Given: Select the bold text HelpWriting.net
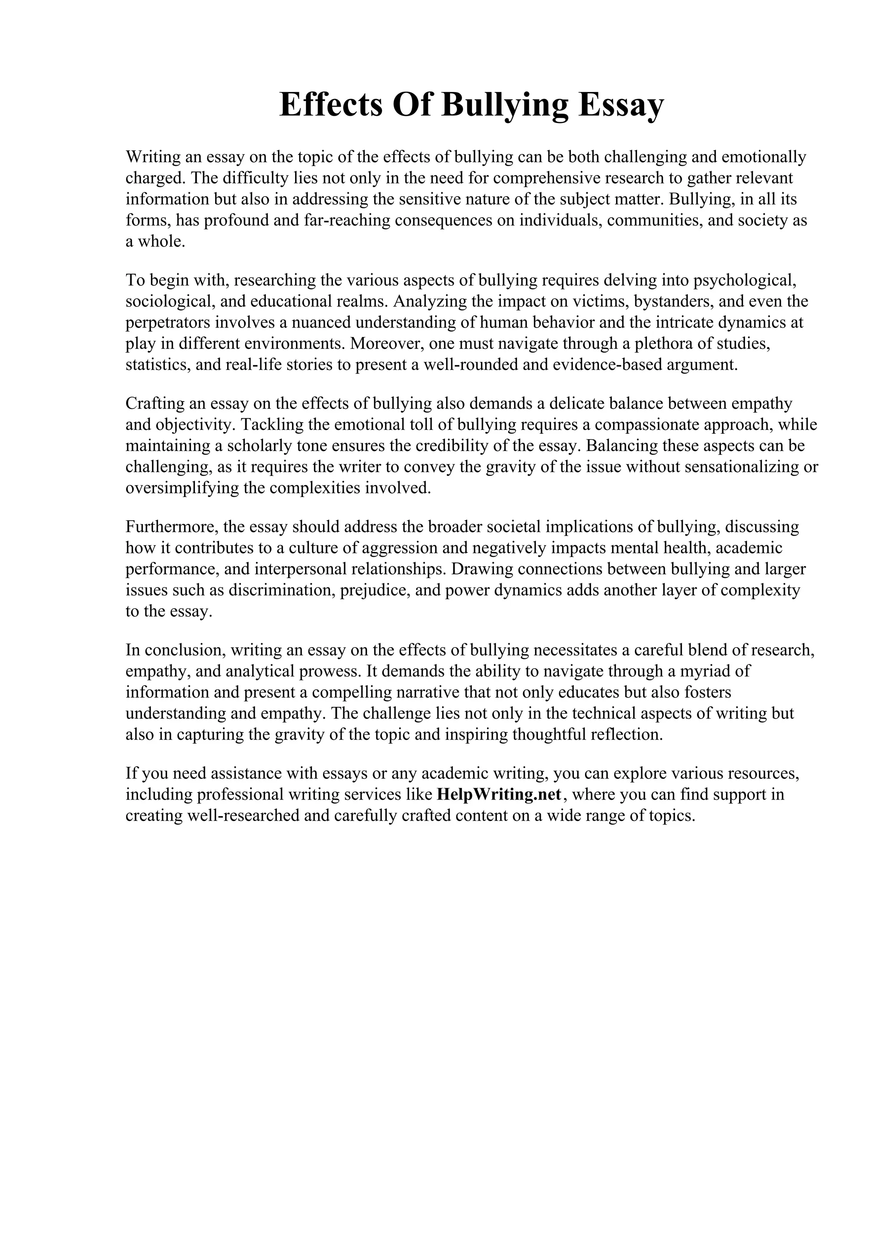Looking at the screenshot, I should point(498,795).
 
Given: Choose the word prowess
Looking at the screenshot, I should point(330,671).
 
